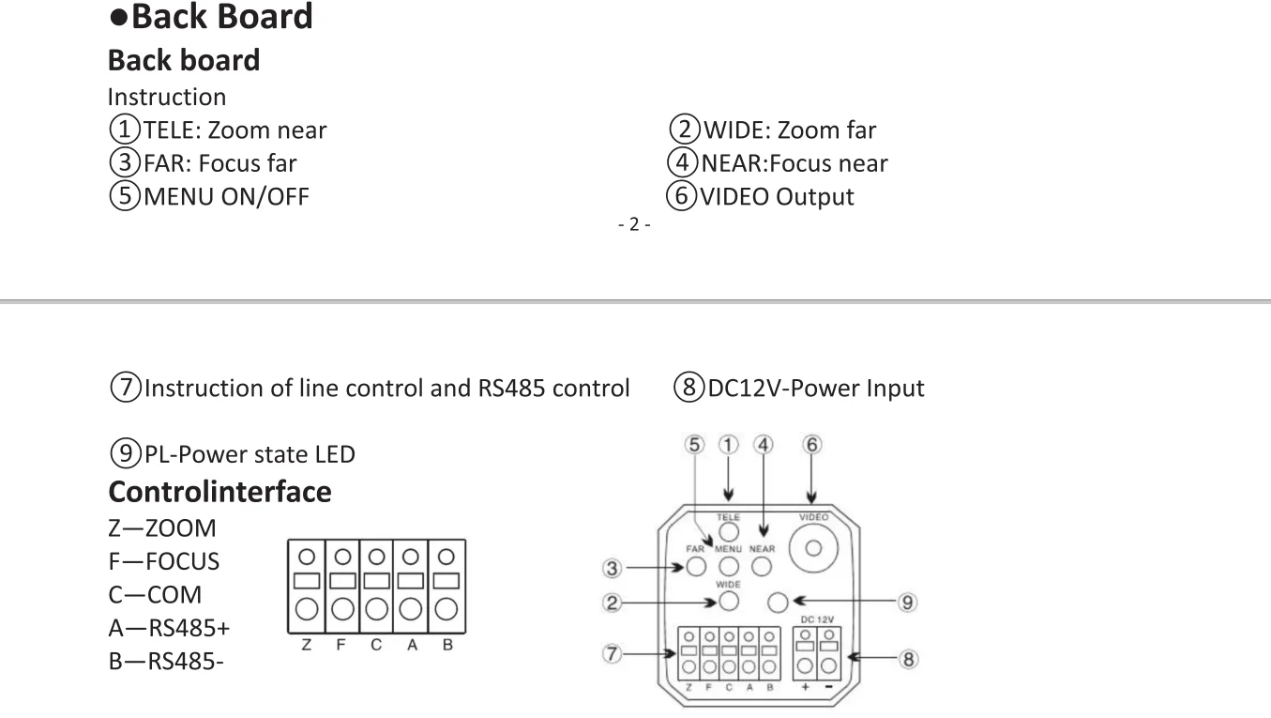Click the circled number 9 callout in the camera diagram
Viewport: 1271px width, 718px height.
coord(907,603)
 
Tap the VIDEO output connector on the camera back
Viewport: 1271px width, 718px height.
coord(813,548)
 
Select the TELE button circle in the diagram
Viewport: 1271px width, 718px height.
coord(729,532)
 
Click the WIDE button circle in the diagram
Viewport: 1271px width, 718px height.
coord(729,601)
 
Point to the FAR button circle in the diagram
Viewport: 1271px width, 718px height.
coord(696,566)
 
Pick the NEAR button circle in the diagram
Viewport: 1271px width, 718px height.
coord(762,566)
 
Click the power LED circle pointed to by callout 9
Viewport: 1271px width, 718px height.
coord(778,603)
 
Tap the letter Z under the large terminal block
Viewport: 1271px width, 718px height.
coord(307,645)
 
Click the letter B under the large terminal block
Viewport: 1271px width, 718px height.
coord(447,645)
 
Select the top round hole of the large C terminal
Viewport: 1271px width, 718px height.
coord(377,557)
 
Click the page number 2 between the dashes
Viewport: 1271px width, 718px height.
coord(634,224)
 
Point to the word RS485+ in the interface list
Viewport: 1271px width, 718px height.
coord(189,628)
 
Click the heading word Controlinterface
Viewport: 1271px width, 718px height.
coord(220,492)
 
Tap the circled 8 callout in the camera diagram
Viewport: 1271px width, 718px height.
coord(908,659)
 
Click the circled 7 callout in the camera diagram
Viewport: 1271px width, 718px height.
coord(612,653)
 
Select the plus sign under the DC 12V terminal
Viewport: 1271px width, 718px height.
coord(805,687)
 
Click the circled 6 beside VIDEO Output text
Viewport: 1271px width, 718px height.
coord(681,196)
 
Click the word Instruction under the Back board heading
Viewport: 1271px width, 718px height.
coord(167,97)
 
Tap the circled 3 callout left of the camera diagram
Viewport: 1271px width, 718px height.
coord(612,568)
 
